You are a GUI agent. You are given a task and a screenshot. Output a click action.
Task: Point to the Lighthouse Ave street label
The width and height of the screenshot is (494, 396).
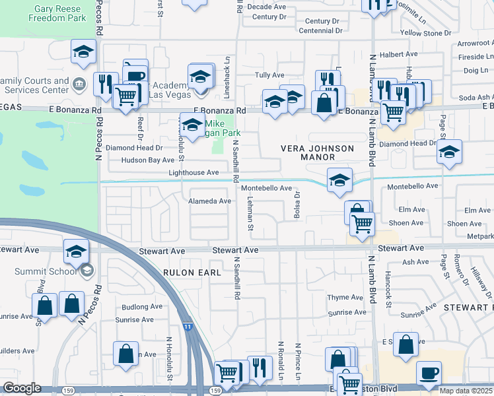tap(194, 172)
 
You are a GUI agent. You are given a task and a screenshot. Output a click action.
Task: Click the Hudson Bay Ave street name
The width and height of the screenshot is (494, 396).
tap(142, 160)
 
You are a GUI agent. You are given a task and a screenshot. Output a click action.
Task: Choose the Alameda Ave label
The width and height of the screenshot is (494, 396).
tap(210, 201)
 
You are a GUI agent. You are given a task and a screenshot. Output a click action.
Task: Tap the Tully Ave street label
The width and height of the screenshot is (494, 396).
tap(269, 75)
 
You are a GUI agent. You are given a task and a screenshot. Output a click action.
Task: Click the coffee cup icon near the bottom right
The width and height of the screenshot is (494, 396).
tap(429, 373)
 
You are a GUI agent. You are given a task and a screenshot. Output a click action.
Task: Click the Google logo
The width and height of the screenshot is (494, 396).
tap(22, 388)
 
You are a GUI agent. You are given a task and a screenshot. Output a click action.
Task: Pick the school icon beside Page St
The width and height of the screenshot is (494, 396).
tap(449, 152)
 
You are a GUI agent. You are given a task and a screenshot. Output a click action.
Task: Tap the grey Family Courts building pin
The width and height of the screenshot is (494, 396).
tap(78, 84)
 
